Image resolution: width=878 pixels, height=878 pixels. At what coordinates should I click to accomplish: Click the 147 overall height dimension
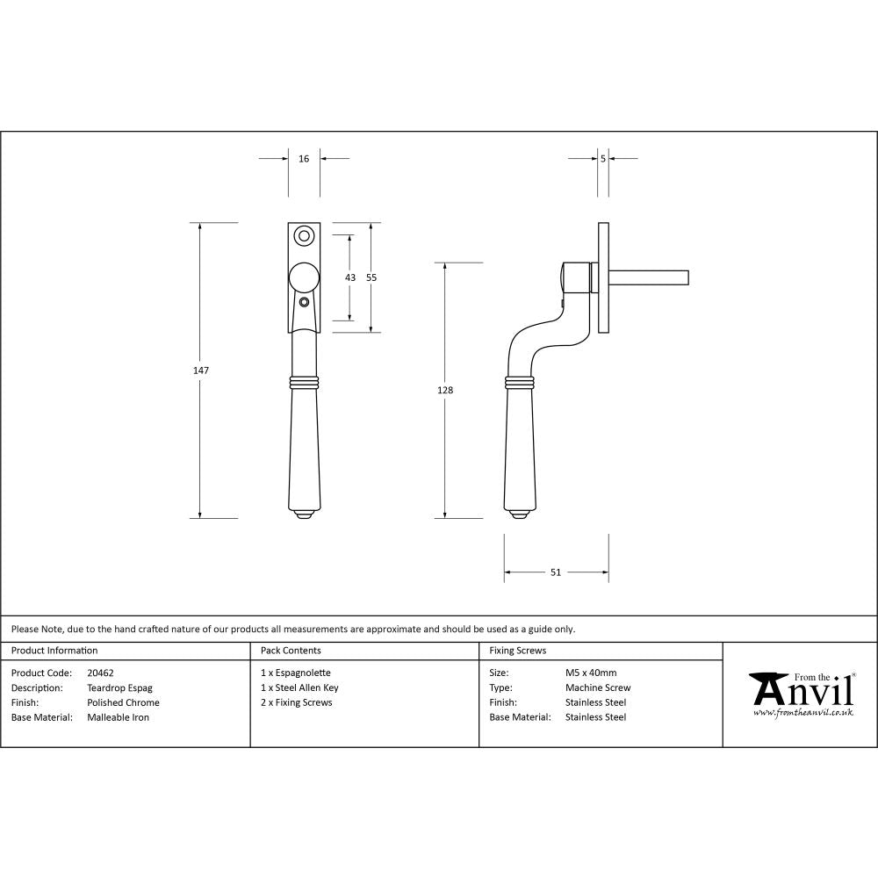201,371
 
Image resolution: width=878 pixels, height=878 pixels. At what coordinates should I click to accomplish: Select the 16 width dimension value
304,159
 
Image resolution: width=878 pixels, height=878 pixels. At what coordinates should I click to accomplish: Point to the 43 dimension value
350,277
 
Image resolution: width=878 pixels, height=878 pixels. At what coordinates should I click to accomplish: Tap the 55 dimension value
371,277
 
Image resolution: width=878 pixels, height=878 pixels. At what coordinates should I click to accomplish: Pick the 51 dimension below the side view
556,572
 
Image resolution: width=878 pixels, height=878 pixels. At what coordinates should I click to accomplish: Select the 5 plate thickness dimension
603,159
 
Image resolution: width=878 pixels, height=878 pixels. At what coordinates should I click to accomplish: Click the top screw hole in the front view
304,235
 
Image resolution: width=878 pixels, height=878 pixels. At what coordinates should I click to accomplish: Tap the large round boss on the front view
304,277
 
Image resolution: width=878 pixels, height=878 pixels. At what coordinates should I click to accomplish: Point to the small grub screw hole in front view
304,302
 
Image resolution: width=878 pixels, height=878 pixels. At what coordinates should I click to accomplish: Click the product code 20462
100,673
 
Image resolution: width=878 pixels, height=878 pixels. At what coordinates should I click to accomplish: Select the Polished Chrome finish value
123,702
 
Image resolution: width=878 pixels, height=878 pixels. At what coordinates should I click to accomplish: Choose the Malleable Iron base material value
118,717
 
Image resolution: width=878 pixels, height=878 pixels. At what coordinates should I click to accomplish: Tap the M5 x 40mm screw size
591,673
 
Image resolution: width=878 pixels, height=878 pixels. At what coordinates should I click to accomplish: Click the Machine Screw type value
597,688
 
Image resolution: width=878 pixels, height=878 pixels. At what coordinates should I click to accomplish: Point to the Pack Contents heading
291,651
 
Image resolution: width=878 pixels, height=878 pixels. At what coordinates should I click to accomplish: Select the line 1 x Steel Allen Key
299,688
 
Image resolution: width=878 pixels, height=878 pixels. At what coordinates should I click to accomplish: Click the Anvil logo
801,690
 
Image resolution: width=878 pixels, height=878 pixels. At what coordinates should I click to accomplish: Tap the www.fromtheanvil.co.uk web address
802,714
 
